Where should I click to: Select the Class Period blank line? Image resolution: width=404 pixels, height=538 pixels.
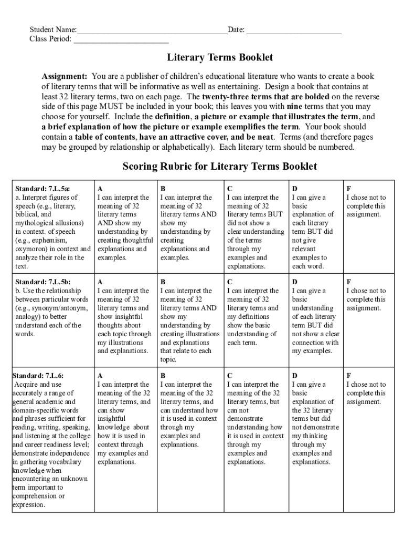pos(121,40)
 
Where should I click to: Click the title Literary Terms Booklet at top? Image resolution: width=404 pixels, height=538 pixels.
pos(220,57)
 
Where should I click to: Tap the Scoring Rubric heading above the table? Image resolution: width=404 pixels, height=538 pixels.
pos(220,167)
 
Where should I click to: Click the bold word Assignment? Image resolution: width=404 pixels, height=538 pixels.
pos(65,76)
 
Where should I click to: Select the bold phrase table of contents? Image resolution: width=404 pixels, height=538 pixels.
pos(102,137)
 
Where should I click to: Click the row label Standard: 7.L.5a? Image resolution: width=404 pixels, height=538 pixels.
pos(42,189)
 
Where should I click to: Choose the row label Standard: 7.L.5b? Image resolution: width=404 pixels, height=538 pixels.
pos(42,282)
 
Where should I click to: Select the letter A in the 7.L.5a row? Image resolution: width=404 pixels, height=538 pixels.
pos(100,189)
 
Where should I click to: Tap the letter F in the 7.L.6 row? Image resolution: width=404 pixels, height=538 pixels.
pos(349,376)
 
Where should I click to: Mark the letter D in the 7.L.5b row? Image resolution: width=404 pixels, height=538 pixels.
pos(295,282)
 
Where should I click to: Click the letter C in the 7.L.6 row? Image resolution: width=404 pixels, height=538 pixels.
pos(230,376)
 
